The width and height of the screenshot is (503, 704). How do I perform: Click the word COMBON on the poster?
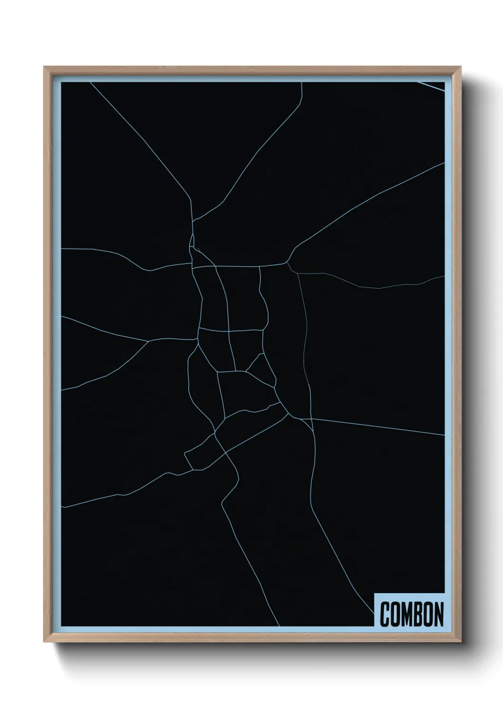coord(412,614)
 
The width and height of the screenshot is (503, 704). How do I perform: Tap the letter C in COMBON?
coord(385,614)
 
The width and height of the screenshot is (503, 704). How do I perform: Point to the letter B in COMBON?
coord(417,614)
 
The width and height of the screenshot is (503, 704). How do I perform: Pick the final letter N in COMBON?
coord(438,614)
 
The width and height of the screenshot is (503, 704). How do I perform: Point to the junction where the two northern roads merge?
coord(193,221)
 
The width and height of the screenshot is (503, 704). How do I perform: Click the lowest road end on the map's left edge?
coord(62,507)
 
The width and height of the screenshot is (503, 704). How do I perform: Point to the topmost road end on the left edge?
coord(62,248)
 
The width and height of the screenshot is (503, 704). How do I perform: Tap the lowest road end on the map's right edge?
coord(444,435)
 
